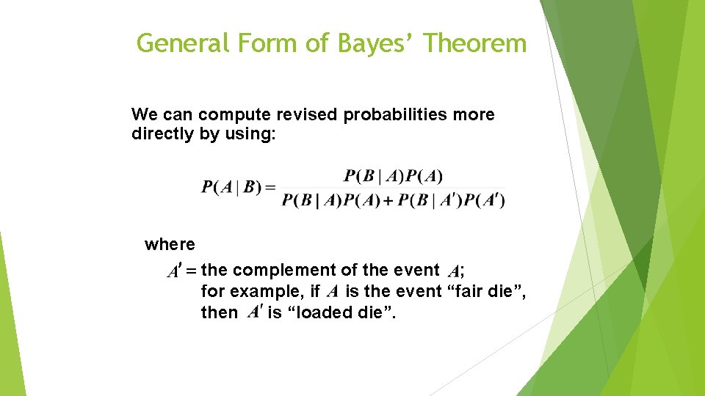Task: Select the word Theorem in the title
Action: pos(475,43)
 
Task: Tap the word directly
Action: pos(162,134)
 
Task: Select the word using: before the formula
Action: pos(247,135)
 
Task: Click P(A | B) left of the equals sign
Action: pos(231,187)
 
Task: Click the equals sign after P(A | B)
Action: pos(270,188)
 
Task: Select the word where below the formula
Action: pos(170,244)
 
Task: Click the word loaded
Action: pos(322,312)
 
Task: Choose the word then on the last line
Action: pos(219,312)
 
